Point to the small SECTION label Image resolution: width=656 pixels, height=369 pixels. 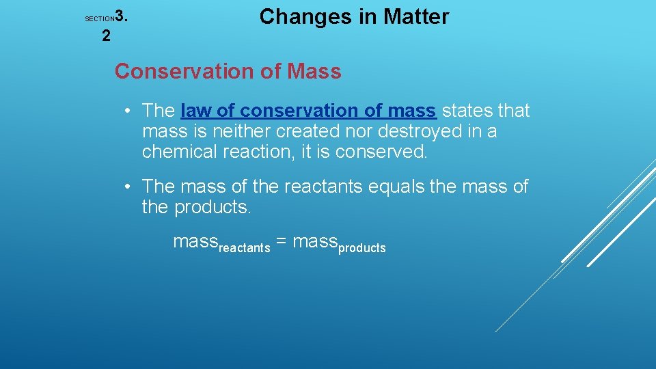(99, 19)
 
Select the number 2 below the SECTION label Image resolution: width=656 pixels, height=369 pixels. (106, 36)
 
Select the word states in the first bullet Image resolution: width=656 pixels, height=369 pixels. (467, 111)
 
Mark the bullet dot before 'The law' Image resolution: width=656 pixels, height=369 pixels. (128, 111)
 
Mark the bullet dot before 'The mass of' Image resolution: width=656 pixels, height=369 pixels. (128, 187)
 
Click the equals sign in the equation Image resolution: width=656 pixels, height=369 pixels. (283, 242)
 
